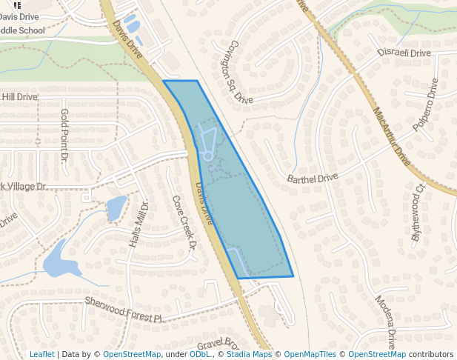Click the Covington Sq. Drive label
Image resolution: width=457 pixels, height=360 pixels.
click(x=241, y=71)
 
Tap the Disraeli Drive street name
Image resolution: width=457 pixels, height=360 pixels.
click(x=404, y=53)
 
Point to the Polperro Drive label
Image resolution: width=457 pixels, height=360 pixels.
click(x=426, y=104)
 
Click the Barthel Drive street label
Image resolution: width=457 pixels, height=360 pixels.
click(x=312, y=179)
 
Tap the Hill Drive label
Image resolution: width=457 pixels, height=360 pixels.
click(x=19, y=97)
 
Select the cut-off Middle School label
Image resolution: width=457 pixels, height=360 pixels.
click(x=22, y=30)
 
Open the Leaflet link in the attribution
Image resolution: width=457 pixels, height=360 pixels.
click(x=41, y=354)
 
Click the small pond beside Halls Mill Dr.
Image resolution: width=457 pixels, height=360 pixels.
click(x=116, y=208)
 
